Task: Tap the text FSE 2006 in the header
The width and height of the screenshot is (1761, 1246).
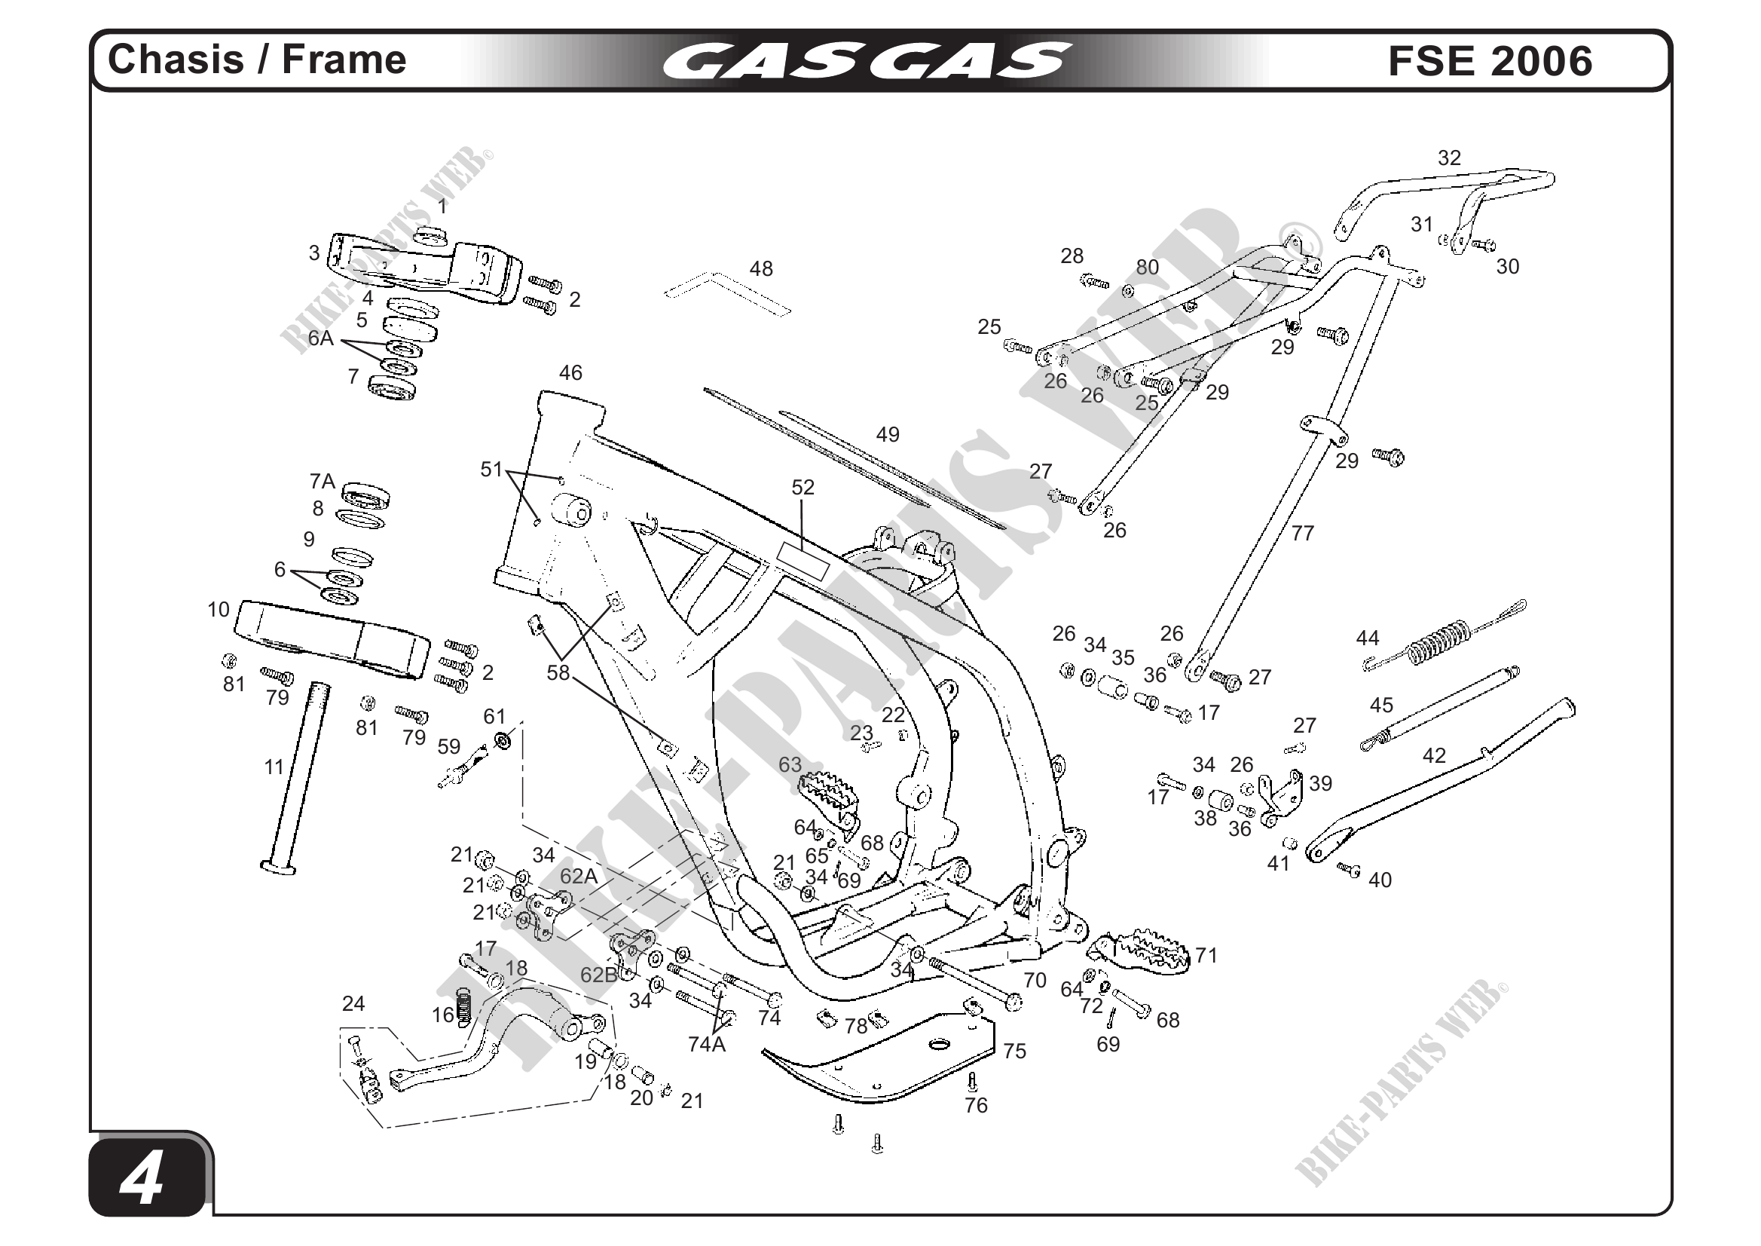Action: [1490, 61]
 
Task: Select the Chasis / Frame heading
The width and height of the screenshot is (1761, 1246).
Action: [257, 60]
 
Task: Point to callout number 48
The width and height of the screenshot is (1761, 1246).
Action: [761, 268]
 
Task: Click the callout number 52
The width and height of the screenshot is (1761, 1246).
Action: [803, 487]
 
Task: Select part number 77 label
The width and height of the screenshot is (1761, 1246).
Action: [1302, 532]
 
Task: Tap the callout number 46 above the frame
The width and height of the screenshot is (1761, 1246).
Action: [570, 373]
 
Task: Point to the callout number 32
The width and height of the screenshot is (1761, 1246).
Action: [1449, 158]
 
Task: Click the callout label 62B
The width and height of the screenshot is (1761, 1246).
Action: [598, 975]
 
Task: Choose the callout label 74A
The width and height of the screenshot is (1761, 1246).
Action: [705, 1044]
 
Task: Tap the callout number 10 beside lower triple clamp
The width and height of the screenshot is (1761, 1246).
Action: [219, 609]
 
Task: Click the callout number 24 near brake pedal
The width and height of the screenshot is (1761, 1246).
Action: [353, 1003]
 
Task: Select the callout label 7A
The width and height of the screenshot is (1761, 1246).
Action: [323, 481]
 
